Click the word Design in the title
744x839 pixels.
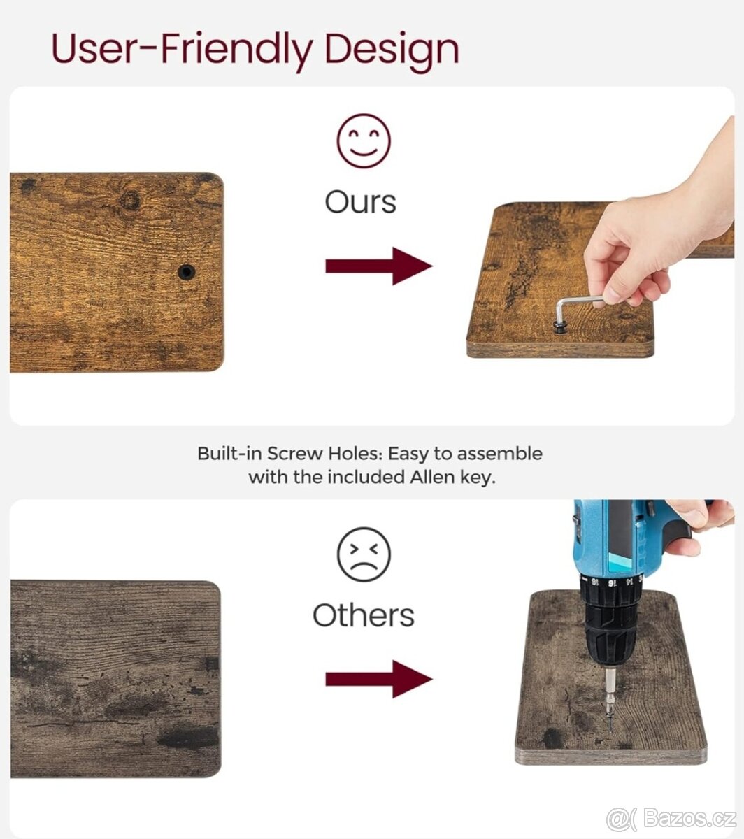(x=392, y=50)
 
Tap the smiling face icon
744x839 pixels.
(x=364, y=141)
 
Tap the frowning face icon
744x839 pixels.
(x=364, y=554)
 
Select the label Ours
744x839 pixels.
(x=360, y=203)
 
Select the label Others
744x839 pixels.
(x=364, y=615)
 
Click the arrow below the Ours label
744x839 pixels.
(x=379, y=266)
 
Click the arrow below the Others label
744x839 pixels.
(x=379, y=679)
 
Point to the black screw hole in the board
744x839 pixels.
(x=187, y=272)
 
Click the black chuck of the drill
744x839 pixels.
(x=610, y=621)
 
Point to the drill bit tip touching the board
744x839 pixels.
(x=610, y=731)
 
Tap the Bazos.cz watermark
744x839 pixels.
(x=671, y=819)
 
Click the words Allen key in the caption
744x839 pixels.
(x=453, y=478)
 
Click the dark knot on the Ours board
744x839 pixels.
(x=130, y=201)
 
